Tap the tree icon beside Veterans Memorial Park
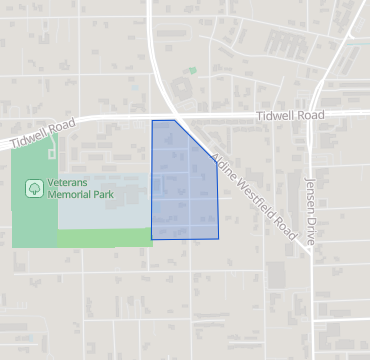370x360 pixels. [34, 188]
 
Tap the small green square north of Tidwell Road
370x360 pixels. [193, 71]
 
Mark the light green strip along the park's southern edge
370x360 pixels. [105, 238]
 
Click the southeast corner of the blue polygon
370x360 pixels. [219, 239]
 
